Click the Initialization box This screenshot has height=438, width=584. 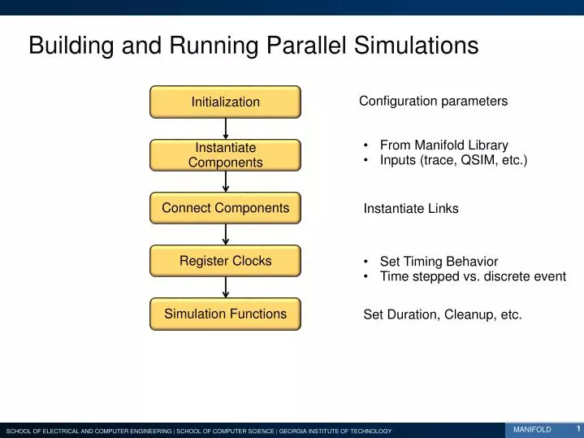coord(225,102)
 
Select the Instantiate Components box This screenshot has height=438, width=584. coord(225,154)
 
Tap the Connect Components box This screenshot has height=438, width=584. coord(225,208)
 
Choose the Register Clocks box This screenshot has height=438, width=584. coord(225,261)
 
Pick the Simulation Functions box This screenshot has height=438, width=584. coord(225,314)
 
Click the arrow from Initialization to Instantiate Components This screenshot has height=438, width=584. coord(226,128)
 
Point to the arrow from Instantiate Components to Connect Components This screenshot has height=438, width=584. coord(226,181)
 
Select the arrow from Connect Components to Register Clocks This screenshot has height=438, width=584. coord(226,234)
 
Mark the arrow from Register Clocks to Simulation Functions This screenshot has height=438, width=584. coord(226,287)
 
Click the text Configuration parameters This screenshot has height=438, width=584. coord(433,101)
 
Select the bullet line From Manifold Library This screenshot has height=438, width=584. coord(443,145)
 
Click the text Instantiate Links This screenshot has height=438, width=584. coord(410,209)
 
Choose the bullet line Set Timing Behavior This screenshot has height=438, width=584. coord(439,261)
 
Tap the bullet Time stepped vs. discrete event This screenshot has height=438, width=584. coord(472,276)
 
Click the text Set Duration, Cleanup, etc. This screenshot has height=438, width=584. coord(442,314)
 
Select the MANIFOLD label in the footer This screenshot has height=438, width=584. coord(532,429)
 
